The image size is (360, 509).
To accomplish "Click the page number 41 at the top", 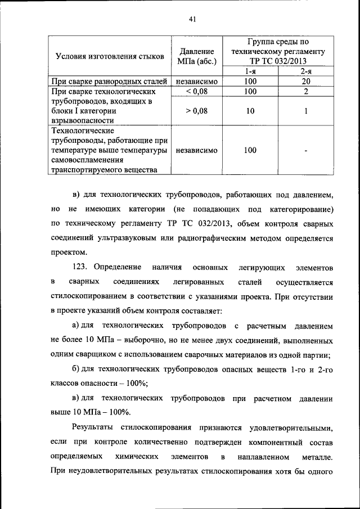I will point(192,20).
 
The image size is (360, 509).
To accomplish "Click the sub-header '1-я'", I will point(251,71).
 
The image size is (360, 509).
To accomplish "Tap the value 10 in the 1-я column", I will point(251,111).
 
